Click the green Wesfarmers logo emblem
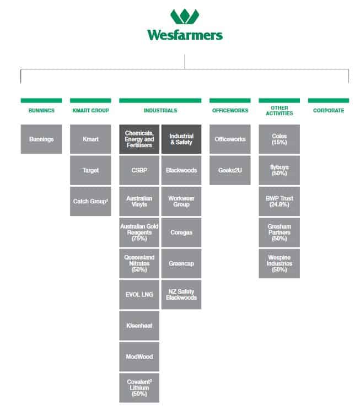click(185, 16)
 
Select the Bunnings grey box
click(41, 139)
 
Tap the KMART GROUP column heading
click(90, 111)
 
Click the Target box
click(90, 170)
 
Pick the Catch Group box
click(90, 202)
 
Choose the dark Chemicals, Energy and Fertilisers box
click(139, 139)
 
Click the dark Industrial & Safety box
click(181, 139)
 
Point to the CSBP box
click(139, 170)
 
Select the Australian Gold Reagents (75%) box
click(139, 232)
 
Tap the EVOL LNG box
click(139, 295)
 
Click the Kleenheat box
click(139, 326)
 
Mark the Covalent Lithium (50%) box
click(139, 388)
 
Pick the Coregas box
click(181, 232)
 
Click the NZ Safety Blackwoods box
click(181, 295)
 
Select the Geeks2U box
click(230, 170)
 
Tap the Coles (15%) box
click(279, 139)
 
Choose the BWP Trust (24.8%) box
click(279, 202)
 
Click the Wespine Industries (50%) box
click(279, 263)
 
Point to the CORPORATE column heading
click(328, 111)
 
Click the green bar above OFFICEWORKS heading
click(230, 101)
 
